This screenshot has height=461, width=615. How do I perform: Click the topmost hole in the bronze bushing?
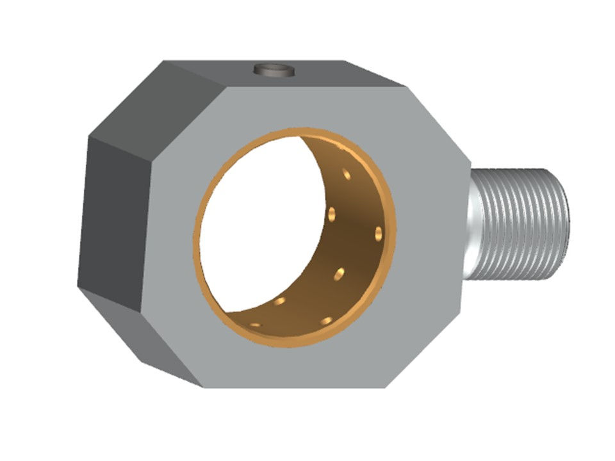point(347,174)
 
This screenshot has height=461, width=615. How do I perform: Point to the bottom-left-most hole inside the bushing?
point(256,325)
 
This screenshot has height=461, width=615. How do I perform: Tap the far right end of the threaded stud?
point(566,224)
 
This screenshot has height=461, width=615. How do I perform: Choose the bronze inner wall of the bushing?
point(346,256)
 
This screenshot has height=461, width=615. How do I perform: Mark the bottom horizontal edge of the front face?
point(295,387)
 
